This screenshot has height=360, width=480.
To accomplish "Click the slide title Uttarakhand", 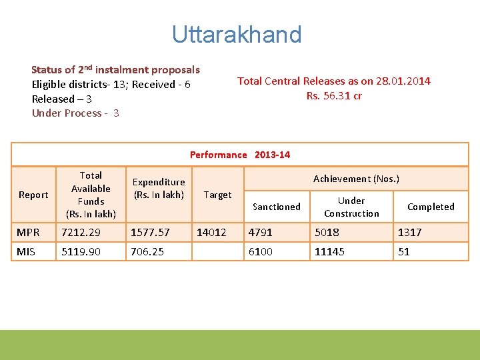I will tap(237, 34).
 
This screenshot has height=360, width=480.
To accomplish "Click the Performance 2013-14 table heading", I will tap(240, 155).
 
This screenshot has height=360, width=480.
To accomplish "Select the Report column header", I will tap(33, 195).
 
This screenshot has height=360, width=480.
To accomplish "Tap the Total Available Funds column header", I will tap(91, 195).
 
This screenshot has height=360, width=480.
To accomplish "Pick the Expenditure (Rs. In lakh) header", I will tap(159, 188).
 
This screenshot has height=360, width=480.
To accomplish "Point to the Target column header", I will tap(217, 195).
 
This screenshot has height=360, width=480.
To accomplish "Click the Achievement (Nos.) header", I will tap(356, 179).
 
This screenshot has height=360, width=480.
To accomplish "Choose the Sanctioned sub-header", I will tap(276, 207).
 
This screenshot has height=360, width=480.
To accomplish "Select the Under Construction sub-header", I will tap(351, 207).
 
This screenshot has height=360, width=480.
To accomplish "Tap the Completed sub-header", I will tap(431, 207).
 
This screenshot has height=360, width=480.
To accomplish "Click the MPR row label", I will tap(28, 232).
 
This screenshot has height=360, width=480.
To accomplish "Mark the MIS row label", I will tap(27, 251).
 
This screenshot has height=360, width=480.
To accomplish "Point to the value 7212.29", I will tap(81, 232).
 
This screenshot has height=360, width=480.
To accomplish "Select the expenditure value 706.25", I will tap(147, 251).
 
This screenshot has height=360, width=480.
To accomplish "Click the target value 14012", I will tap(211, 232).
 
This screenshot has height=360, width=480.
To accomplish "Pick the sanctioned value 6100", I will tap(260, 251).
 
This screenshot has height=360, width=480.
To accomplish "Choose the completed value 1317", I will tap(410, 232).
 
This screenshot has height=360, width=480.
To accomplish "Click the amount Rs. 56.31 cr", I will tap(334, 95).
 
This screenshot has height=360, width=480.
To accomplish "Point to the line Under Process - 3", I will tap(75, 113).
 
